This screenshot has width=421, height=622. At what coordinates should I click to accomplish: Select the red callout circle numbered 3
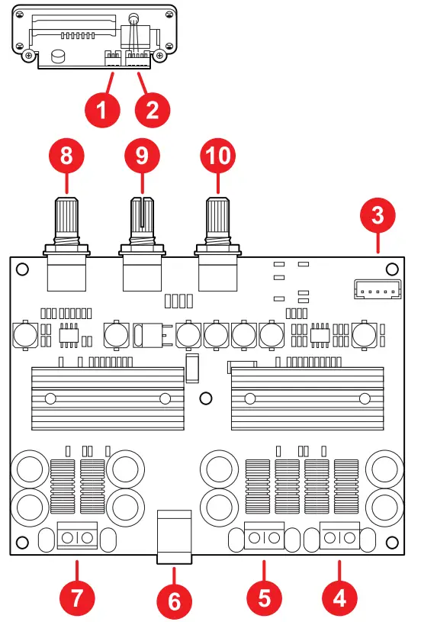[x=378, y=215]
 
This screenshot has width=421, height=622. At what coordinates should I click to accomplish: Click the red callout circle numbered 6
[x=174, y=601]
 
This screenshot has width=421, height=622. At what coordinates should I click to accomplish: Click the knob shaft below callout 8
[x=66, y=221]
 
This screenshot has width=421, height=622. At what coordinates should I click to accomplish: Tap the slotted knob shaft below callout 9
[x=143, y=221]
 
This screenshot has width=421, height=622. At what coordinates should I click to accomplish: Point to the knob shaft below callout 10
[x=219, y=221]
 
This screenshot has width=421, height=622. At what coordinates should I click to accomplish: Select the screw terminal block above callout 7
[x=77, y=537]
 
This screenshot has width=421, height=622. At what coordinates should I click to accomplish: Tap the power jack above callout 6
[x=174, y=539]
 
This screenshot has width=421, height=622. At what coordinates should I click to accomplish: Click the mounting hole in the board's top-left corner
[x=23, y=269]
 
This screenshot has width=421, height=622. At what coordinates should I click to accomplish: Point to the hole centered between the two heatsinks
[x=204, y=398]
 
